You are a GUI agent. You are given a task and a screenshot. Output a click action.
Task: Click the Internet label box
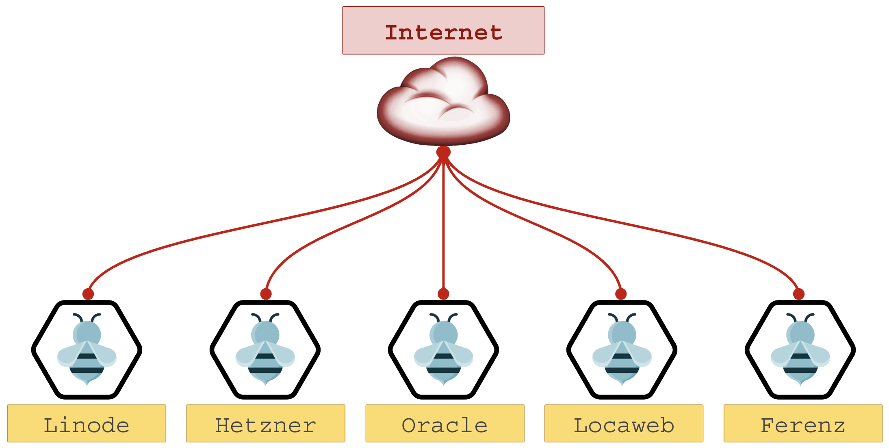443,30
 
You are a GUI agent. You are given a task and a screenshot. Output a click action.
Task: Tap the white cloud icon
443,102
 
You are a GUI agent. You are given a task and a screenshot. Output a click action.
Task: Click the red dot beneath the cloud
443,152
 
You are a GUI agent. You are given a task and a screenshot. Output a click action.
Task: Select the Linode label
87,424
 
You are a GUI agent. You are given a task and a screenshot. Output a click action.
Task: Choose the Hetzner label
266,424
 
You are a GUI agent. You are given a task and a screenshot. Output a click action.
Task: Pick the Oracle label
445,424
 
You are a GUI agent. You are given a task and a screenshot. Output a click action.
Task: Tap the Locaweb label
624,424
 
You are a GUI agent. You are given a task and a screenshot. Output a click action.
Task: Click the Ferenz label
803,424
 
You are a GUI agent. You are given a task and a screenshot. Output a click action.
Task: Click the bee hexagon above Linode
87,350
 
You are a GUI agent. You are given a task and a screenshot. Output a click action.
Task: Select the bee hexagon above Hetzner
265,350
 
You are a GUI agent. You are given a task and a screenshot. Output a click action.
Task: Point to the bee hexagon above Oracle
443,350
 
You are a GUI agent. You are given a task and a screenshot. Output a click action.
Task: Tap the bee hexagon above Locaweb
622,350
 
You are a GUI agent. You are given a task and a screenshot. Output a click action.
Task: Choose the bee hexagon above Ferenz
800,350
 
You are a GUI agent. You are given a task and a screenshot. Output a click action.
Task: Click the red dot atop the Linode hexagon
88,294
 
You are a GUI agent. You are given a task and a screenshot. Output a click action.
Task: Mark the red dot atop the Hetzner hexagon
266,294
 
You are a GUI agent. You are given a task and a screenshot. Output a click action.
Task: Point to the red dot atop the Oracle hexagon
443,294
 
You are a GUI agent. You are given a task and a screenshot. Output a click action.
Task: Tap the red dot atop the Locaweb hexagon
621,294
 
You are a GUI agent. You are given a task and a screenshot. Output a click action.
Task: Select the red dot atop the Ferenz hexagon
799,294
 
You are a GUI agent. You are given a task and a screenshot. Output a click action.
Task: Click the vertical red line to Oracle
443,224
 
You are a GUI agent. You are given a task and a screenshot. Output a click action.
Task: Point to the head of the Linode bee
87,333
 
